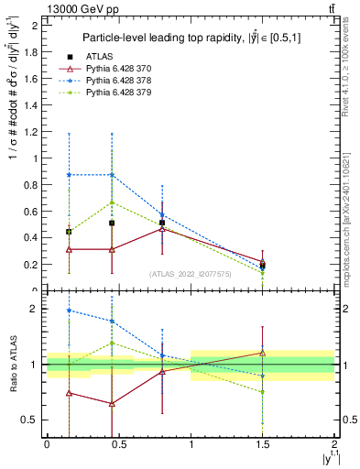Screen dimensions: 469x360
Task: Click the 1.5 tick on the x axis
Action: point(263,444)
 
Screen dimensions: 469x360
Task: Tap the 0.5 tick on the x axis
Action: point(119,444)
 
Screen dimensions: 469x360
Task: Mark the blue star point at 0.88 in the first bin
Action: point(69,175)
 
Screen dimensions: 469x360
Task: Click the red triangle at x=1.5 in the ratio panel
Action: point(263,353)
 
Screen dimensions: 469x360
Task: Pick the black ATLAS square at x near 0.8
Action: point(162,223)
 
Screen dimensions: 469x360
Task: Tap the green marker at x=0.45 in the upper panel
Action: point(112,202)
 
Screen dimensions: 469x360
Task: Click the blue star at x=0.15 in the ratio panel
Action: point(69,311)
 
